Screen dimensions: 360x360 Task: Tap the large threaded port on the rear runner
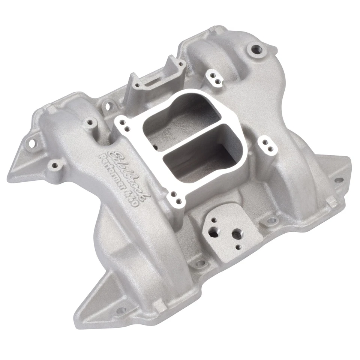[256, 49]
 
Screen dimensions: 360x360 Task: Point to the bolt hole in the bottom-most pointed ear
[121, 310]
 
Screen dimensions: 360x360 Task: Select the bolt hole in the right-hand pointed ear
[338, 179]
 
